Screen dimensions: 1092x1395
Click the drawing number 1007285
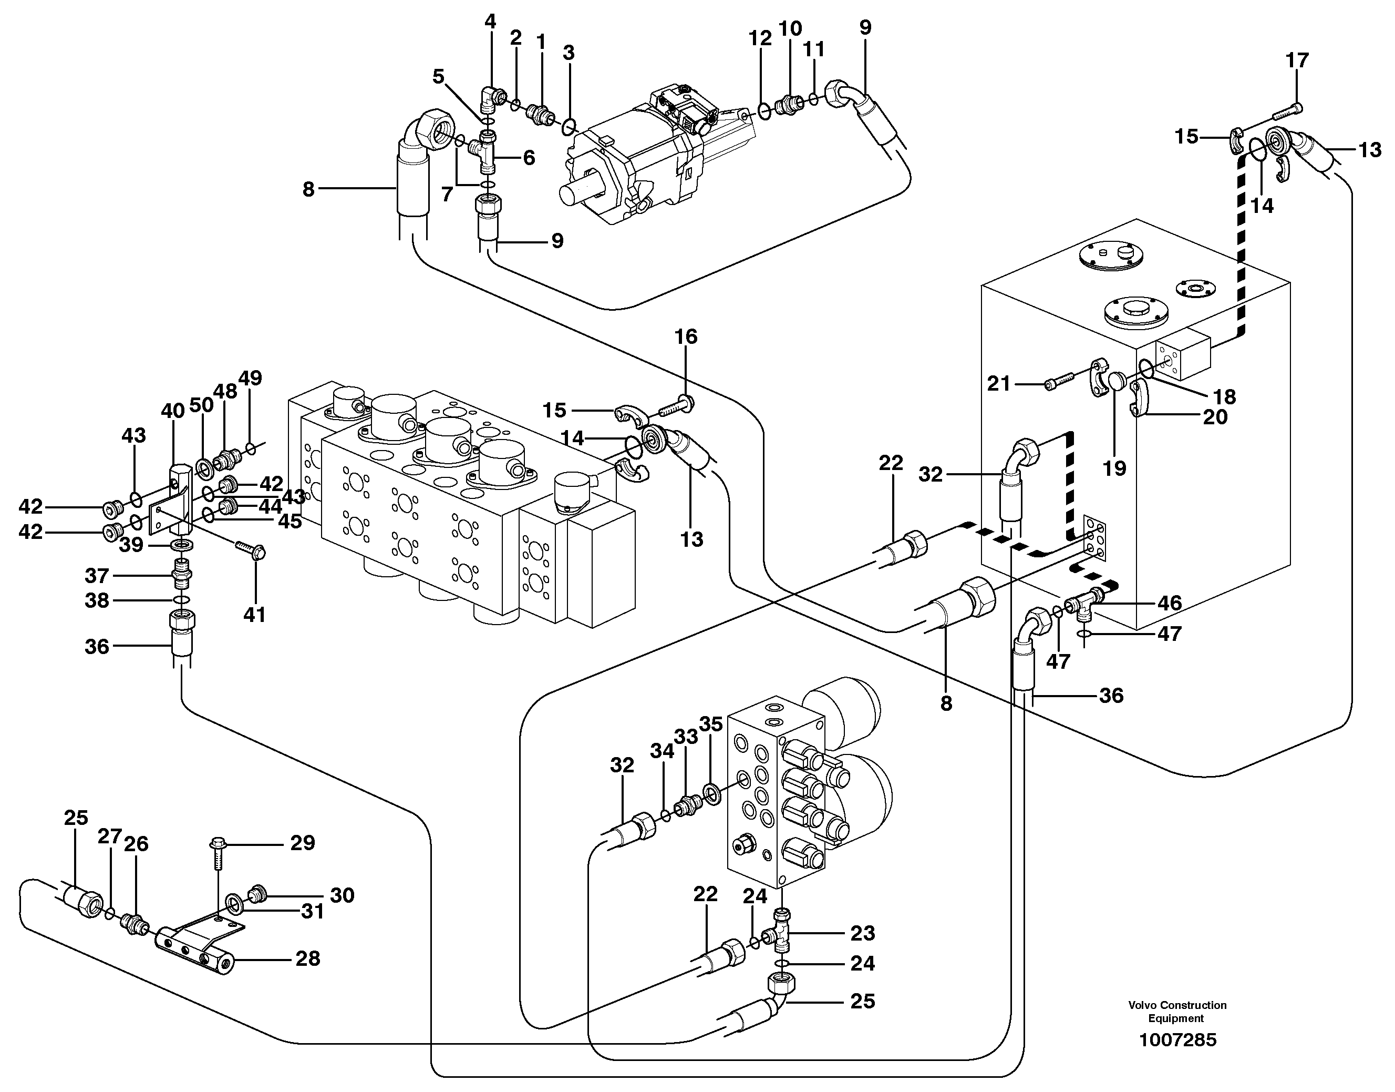1177,1040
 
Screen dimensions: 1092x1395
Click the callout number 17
1297,61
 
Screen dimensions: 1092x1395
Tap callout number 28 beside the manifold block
307,958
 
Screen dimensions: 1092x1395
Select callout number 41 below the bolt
254,615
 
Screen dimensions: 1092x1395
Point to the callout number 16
686,336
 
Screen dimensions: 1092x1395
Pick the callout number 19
1114,468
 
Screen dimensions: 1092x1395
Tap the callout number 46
1170,603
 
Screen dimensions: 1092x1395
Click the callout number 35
710,724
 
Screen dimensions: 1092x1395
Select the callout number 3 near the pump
569,53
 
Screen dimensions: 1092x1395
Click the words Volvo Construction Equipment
1177,1012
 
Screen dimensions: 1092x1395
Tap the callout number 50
202,405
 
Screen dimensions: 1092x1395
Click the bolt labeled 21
1055,384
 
